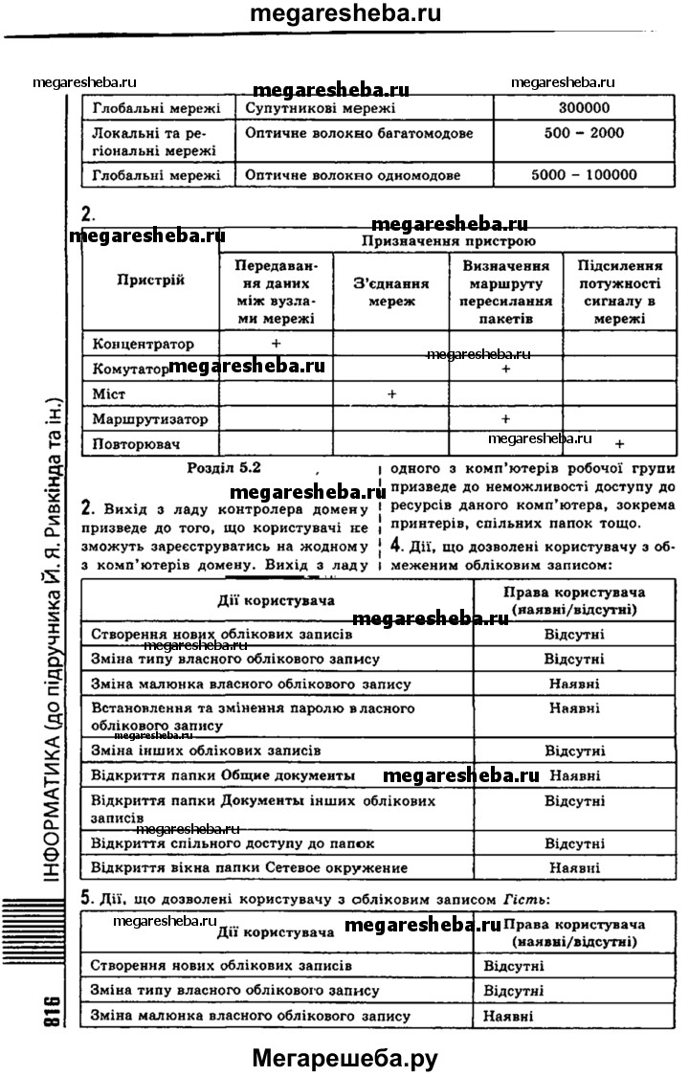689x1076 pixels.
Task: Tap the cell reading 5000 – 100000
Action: pyautogui.click(x=583, y=175)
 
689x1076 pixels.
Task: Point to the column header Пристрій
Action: pyautogui.click(x=150, y=280)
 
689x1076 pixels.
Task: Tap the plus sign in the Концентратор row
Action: pyautogui.click(x=276, y=343)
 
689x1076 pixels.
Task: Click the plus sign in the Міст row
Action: pyautogui.click(x=391, y=393)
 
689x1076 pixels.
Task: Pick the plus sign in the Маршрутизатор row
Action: pyautogui.click(x=505, y=419)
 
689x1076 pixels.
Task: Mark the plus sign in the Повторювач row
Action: pyautogui.click(x=620, y=443)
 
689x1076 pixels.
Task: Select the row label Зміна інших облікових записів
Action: pyautogui.click(x=206, y=750)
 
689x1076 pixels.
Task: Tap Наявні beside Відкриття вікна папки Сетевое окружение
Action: pyautogui.click(x=575, y=868)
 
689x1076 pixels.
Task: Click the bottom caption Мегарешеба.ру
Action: pyautogui.click(x=344, y=1058)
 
